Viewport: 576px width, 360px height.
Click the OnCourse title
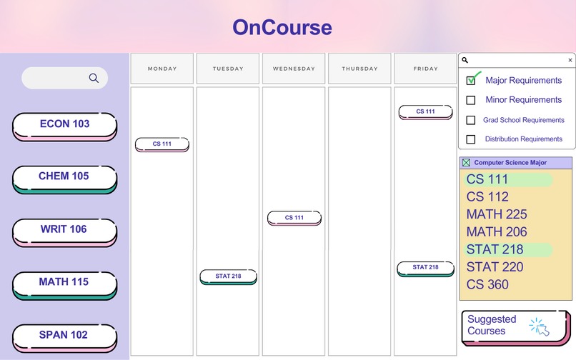click(282, 28)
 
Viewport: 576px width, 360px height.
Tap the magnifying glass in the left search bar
click(94, 78)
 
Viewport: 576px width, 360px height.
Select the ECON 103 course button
click(64, 125)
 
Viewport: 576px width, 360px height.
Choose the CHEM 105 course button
click(64, 177)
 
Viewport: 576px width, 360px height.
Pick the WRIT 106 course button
click(64, 230)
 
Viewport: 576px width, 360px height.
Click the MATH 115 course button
click(64, 283)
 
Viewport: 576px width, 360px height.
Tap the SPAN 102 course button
click(64, 336)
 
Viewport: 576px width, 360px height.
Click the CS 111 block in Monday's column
click(162, 144)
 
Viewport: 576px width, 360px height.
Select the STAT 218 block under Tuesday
click(228, 276)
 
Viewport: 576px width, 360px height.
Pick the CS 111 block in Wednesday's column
click(294, 218)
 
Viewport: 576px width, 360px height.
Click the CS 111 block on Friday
click(425, 111)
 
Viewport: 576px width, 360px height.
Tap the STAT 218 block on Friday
click(425, 268)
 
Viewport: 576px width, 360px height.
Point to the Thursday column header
click(359, 69)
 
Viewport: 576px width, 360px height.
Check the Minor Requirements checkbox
click(471, 100)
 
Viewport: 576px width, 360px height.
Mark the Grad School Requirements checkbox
click(471, 120)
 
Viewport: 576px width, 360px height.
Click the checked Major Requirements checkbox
click(471, 81)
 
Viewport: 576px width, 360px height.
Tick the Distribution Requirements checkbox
click(471, 139)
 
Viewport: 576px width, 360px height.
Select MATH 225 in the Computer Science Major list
click(497, 214)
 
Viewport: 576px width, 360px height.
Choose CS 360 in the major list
click(487, 284)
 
